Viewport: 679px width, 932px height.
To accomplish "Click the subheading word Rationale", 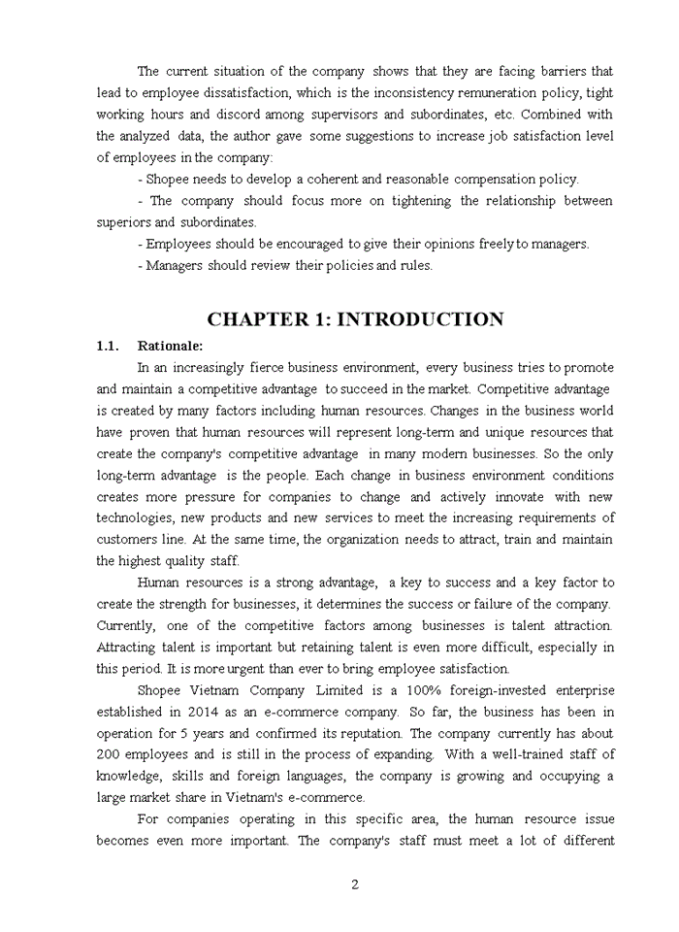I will coord(170,346).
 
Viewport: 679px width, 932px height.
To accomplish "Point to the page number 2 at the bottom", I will coord(355,884).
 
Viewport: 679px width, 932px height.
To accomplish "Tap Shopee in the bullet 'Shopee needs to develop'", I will coord(167,180).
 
